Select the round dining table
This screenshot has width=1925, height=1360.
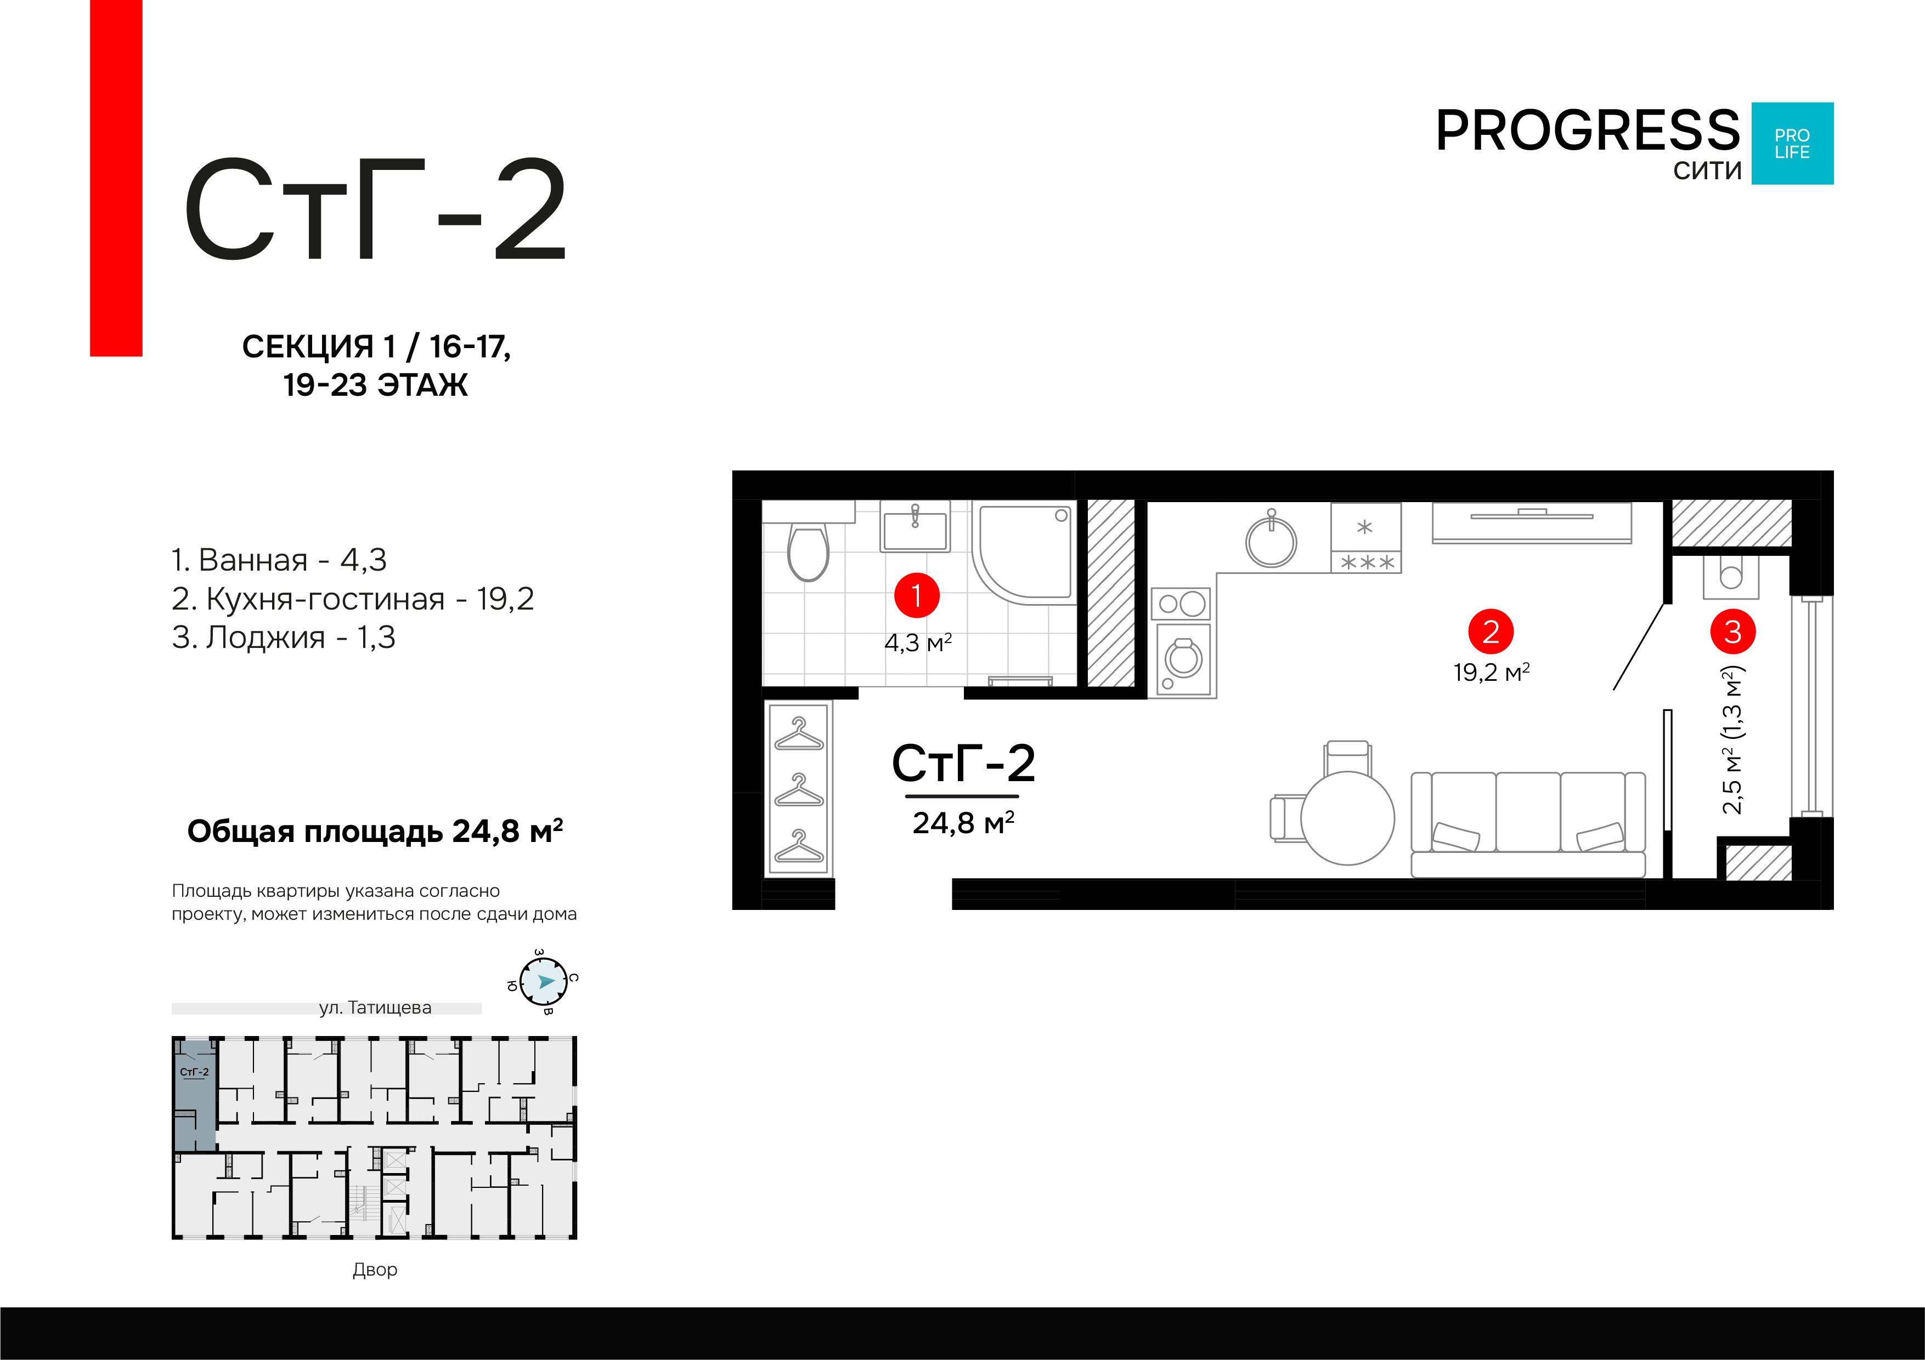coord(1347,818)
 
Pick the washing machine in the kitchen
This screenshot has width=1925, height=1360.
coord(1183,659)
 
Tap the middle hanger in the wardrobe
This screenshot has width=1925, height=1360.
coord(799,790)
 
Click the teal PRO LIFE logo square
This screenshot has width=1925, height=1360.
coord(1793,143)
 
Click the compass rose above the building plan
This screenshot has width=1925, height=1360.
coord(543,981)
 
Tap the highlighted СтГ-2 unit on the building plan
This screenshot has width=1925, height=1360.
coord(195,1094)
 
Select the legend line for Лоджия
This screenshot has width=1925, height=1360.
coord(284,638)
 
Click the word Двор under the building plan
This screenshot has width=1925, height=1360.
coord(375,1270)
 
